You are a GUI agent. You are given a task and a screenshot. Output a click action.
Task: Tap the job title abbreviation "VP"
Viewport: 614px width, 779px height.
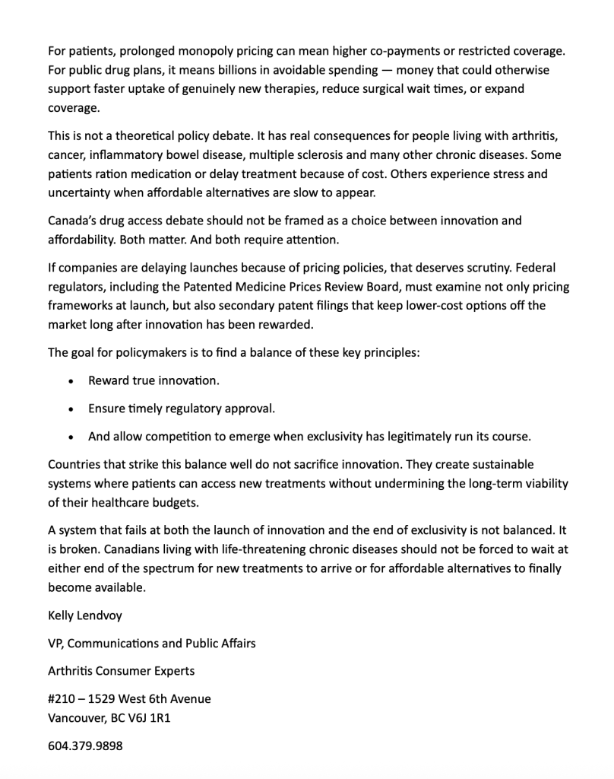tap(56, 644)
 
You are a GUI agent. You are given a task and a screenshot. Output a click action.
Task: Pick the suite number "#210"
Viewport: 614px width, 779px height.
tap(63, 698)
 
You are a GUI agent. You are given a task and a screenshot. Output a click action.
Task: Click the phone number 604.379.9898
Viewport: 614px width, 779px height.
tap(85, 746)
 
